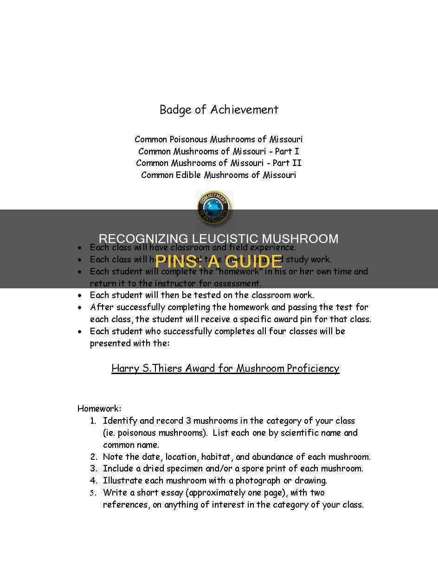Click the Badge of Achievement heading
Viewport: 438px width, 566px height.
tap(219, 110)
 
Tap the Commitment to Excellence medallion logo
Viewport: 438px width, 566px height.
tap(213, 207)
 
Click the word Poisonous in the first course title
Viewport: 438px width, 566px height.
tap(189, 139)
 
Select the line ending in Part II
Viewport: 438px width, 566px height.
tap(219, 163)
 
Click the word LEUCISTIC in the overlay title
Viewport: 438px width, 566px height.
tap(227, 239)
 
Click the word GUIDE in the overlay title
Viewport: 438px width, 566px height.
tap(258, 261)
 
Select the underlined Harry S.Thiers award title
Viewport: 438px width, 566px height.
tap(225, 369)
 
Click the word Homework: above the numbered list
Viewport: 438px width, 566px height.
tap(99, 409)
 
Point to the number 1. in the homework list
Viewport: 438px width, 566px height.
tap(93, 421)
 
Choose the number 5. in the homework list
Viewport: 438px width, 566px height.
tap(93, 493)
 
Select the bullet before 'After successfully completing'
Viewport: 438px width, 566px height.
tap(81, 307)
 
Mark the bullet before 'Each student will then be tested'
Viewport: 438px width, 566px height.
tap(81, 295)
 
